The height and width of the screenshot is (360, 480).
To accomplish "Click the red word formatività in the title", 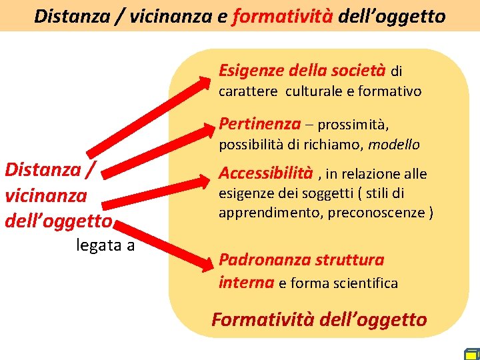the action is coord(283,16).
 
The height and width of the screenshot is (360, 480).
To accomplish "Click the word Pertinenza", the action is coord(259,124).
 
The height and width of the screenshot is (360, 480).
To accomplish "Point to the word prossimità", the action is coord(353,125).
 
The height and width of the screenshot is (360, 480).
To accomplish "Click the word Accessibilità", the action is coord(265,173).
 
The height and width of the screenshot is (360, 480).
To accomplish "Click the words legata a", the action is coord(105,245).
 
